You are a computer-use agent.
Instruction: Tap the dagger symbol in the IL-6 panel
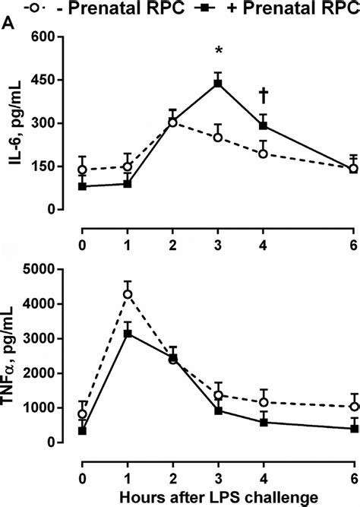[264, 95]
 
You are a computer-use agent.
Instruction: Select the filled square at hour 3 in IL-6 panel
[218, 83]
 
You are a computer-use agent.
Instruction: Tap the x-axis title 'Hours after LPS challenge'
[218, 497]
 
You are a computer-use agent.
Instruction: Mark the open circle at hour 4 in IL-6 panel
[264, 154]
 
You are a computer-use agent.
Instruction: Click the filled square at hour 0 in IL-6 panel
[82, 186]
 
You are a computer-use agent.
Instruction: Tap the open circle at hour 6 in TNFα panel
[353, 407]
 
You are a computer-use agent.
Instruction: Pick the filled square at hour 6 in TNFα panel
[353, 429]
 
